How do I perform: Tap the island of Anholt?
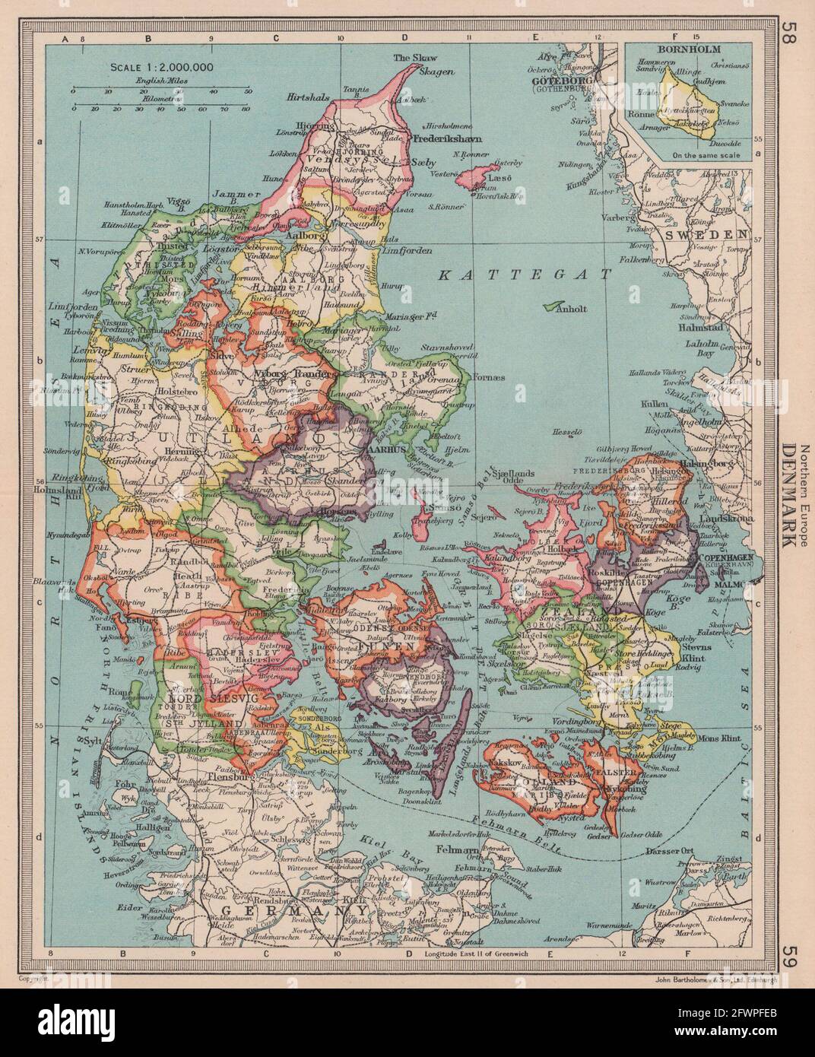pos(553,306)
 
